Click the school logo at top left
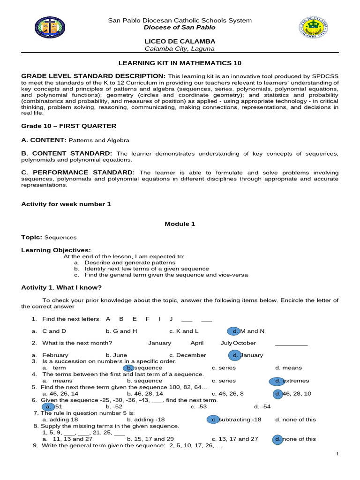pyautogui.click(x=50, y=28)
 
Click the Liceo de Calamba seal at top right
pyautogui.click(x=313, y=28)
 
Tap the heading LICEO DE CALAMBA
pyautogui.click(x=180, y=41)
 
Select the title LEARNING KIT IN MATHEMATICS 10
pyautogui.click(x=180, y=63)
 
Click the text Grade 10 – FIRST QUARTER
pyautogui.click(x=69, y=126)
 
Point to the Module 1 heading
pyautogui.click(x=180, y=224)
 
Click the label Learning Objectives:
pyautogui.click(x=56, y=250)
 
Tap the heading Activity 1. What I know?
pyautogui.click(x=61, y=287)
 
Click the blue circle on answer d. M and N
pyautogui.click(x=234, y=331)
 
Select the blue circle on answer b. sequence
pyautogui.click(x=128, y=368)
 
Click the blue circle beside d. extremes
pyautogui.click(x=277, y=381)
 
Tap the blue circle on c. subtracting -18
pyautogui.click(x=214, y=420)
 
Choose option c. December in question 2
pyautogui.click(x=187, y=355)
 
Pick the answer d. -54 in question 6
pyautogui.click(x=262, y=406)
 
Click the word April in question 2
pyautogui.click(x=197, y=343)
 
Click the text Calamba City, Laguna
pyautogui.click(x=180, y=49)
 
